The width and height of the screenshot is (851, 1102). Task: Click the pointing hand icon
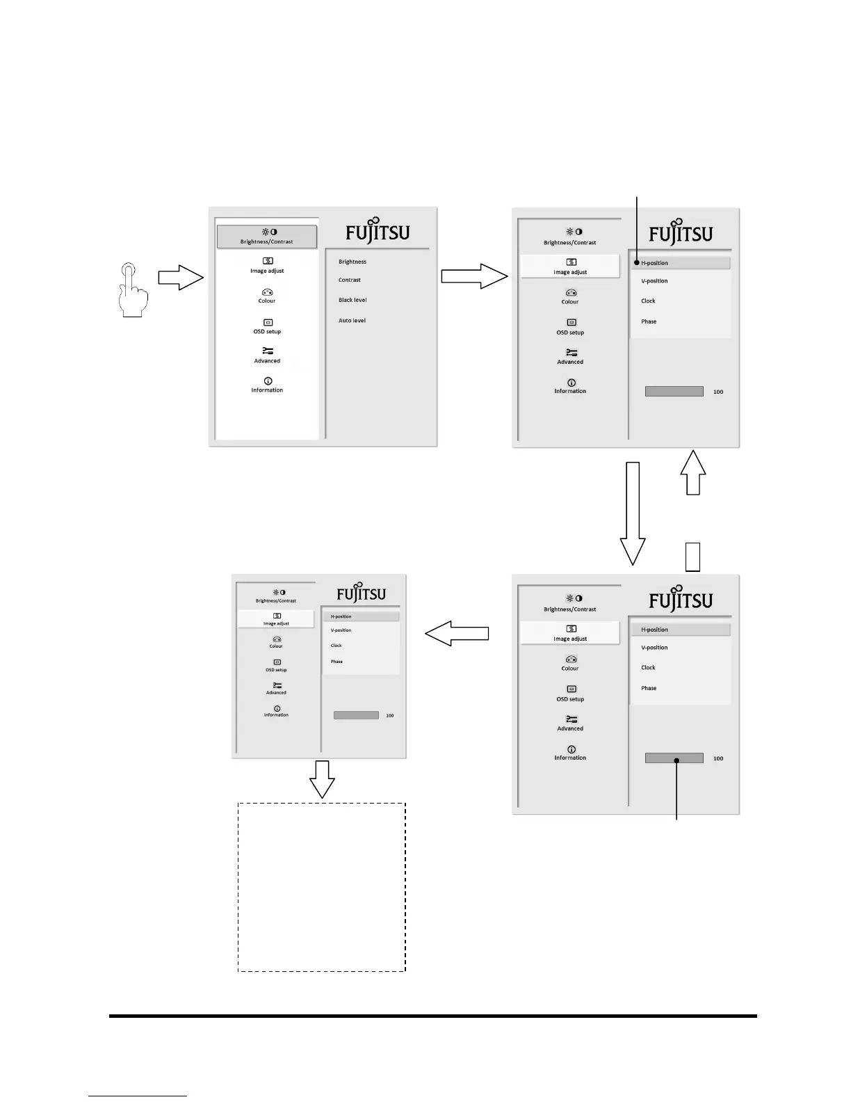tap(132, 289)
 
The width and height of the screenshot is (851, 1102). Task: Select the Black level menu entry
tap(352, 300)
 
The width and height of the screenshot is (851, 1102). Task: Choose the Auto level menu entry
tap(352, 321)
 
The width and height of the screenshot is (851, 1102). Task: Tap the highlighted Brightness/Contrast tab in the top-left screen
tap(267, 237)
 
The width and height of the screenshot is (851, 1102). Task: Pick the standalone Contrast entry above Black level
tap(350, 280)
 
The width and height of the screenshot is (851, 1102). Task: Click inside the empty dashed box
tap(321, 887)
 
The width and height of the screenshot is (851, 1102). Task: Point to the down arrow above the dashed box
tap(322, 779)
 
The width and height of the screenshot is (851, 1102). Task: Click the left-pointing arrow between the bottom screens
tap(457, 634)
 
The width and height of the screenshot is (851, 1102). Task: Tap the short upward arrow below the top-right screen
tap(693, 473)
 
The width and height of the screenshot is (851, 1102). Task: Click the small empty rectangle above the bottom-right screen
tap(692, 557)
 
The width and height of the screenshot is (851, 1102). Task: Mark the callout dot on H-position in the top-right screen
tap(636, 263)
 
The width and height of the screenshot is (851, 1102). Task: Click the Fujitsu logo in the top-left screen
tap(378, 232)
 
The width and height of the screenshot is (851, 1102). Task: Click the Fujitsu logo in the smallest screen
tap(361, 593)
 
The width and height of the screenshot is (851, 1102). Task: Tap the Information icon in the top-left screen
tap(268, 381)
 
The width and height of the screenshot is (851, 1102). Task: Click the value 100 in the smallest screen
tap(390, 715)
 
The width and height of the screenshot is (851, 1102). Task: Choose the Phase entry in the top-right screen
tap(649, 321)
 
